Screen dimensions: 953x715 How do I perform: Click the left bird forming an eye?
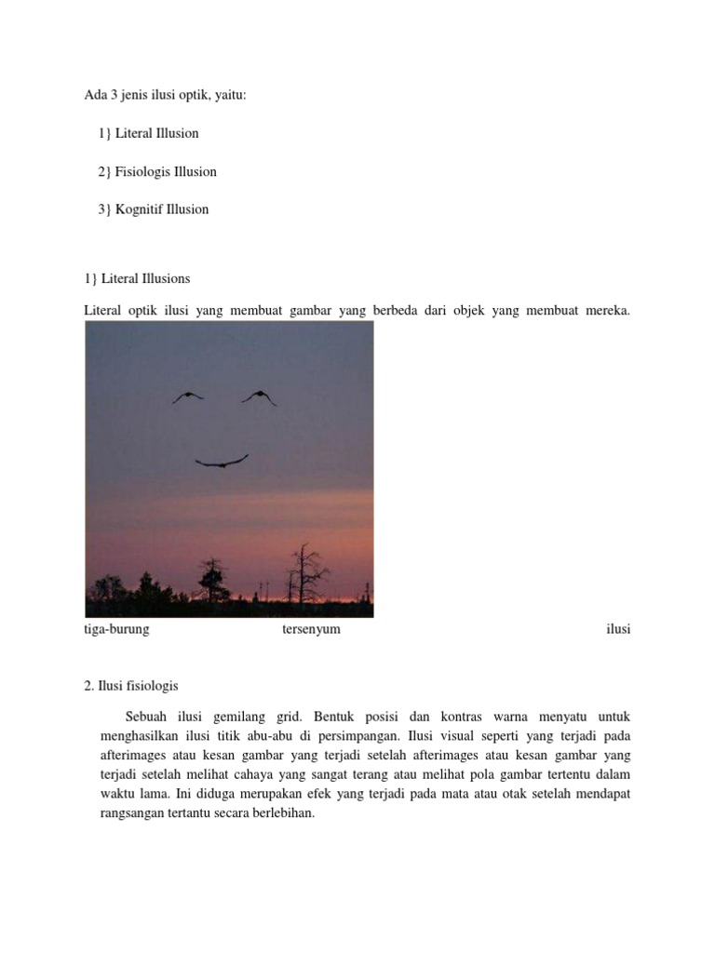pos(187,396)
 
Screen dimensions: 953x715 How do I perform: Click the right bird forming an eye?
pos(259,397)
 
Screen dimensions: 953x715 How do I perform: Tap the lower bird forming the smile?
pos(222,461)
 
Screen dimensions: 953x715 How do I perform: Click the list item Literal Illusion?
pos(156,133)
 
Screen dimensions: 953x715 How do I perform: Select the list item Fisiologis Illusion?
pos(166,171)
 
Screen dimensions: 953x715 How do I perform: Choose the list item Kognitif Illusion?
pos(162,209)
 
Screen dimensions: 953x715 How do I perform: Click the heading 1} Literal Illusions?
pos(137,278)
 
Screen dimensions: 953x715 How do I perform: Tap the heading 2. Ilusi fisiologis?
pos(130,685)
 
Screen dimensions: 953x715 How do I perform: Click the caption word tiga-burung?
pos(116,629)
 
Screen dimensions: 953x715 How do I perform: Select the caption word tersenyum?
pos(311,629)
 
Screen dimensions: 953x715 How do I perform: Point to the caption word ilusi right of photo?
pos(618,629)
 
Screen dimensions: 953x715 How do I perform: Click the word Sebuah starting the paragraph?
pos(145,716)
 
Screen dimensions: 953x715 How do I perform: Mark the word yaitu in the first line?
pos(229,94)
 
